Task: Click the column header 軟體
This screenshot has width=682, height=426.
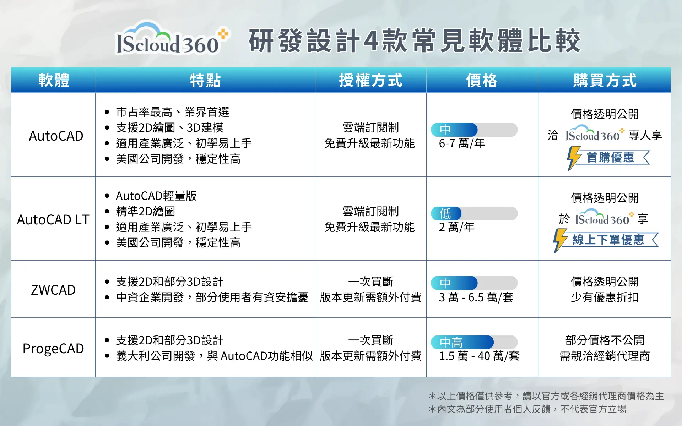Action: coord(54,80)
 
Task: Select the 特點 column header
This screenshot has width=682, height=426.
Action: coord(205,80)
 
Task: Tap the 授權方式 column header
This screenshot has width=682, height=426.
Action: coord(370,80)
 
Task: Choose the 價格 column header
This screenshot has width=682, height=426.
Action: coord(482,80)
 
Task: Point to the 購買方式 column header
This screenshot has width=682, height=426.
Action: coord(605,80)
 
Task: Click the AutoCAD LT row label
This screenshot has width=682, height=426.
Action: coord(53,220)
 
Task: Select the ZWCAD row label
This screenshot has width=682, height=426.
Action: coord(53,290)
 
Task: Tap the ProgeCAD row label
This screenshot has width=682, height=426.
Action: coord(53,349)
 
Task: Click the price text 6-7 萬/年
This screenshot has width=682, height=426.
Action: coord(462,143)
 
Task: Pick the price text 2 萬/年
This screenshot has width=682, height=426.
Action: coord(457,227)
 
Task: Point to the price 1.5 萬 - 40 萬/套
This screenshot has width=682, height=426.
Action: coord(479,356)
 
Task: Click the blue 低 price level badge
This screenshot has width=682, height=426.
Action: coord(446,213)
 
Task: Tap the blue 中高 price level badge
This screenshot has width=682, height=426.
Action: coord(462,342)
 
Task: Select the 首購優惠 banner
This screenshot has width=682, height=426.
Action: coord(608,158)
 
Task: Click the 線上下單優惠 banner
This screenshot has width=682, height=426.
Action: coord(606,240)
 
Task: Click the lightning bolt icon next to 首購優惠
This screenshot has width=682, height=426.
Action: coord(573,158)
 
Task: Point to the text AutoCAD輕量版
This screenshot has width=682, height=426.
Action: coord(156,196)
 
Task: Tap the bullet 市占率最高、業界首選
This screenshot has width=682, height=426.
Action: coord(173,112)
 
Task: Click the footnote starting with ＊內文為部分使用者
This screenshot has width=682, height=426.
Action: coord(527,409)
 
